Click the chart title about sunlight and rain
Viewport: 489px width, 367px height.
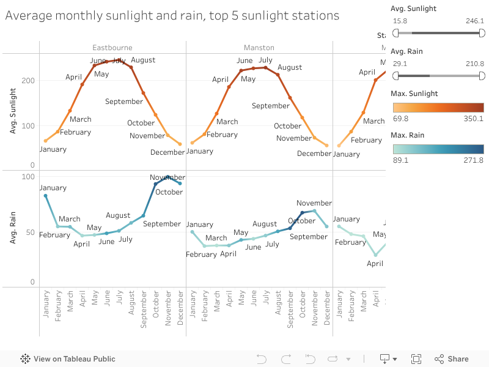click(x=172, y=15)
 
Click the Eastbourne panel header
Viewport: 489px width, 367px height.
click(x=112, y=48)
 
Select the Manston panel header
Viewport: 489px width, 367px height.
click(x=259, y=48)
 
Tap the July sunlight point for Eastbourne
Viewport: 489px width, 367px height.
click(x=119, y=60)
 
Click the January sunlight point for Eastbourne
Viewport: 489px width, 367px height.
click(x=45, y=141)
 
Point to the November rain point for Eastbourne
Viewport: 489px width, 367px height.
click(x=167, y=177)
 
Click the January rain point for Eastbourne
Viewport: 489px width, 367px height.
click(x=45, y=196)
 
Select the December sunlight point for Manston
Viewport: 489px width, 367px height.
click(x=326, y=146)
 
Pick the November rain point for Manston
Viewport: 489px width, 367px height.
click(x=314, y=211)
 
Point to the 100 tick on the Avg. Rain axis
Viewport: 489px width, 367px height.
click(x=28, y=177)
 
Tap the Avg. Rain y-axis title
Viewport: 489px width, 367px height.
click(x=13, y=228)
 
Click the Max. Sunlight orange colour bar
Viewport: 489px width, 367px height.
click(x=437, y=108)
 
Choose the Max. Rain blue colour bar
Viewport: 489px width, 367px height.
click(x=437, y=149)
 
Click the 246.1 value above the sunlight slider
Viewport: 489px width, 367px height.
click(x=474, y=21)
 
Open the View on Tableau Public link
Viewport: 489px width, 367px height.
click(x=68, y=359)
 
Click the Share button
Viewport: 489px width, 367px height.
click(x=452, y=359)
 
